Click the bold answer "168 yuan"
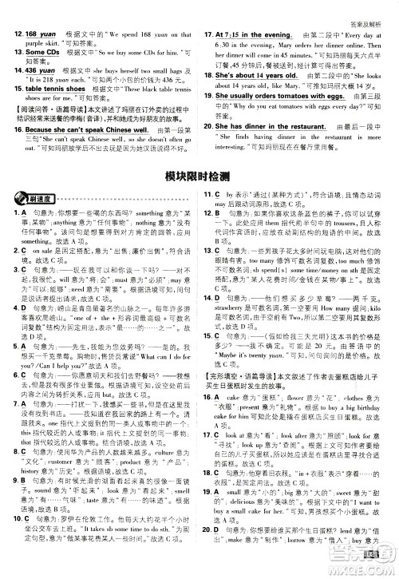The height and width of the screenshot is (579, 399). point(41,35)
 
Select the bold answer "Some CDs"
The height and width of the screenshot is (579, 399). point(41,52)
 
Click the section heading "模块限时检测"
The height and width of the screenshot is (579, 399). point(199,175)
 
